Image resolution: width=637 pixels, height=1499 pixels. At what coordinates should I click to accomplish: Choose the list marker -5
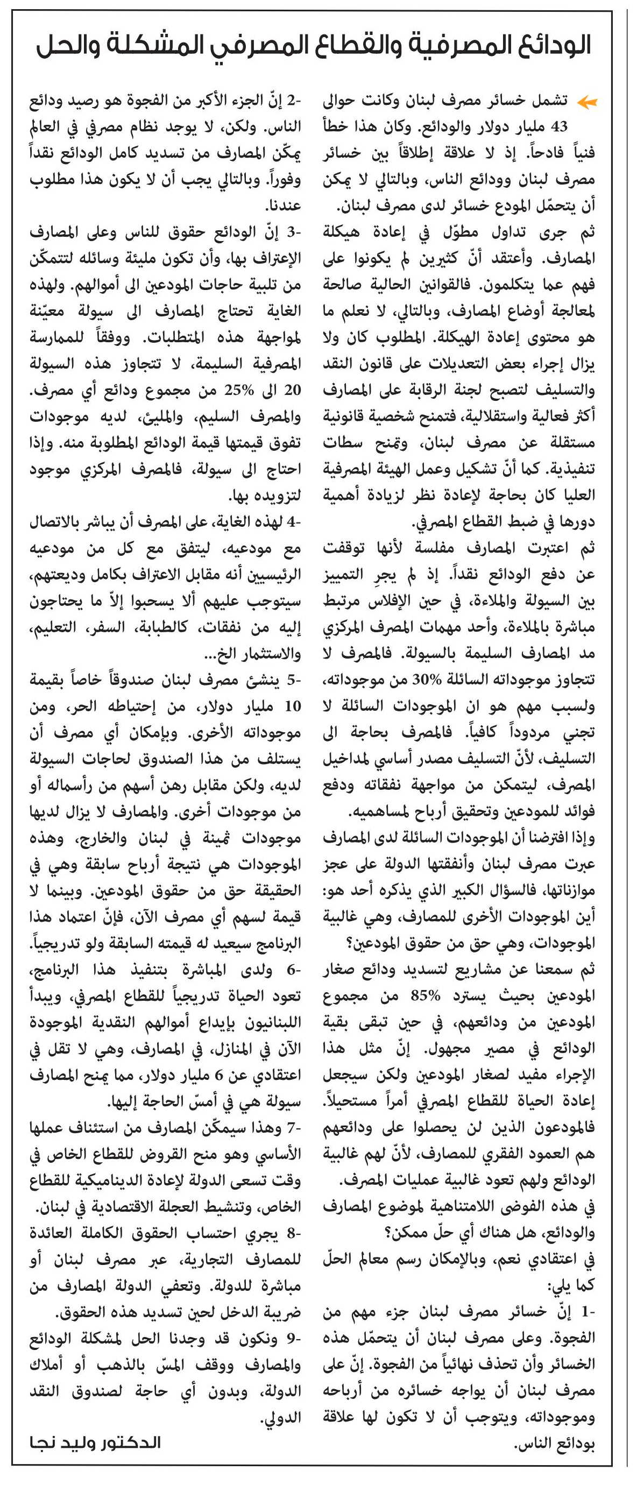[x=293, y=680]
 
